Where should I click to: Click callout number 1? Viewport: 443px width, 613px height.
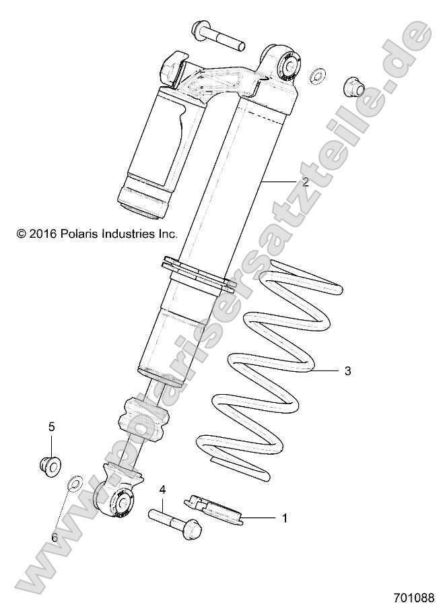[284, 518]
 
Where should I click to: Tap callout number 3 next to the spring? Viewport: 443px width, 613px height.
[347, 370]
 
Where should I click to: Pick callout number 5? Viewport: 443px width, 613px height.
[50, 426]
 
